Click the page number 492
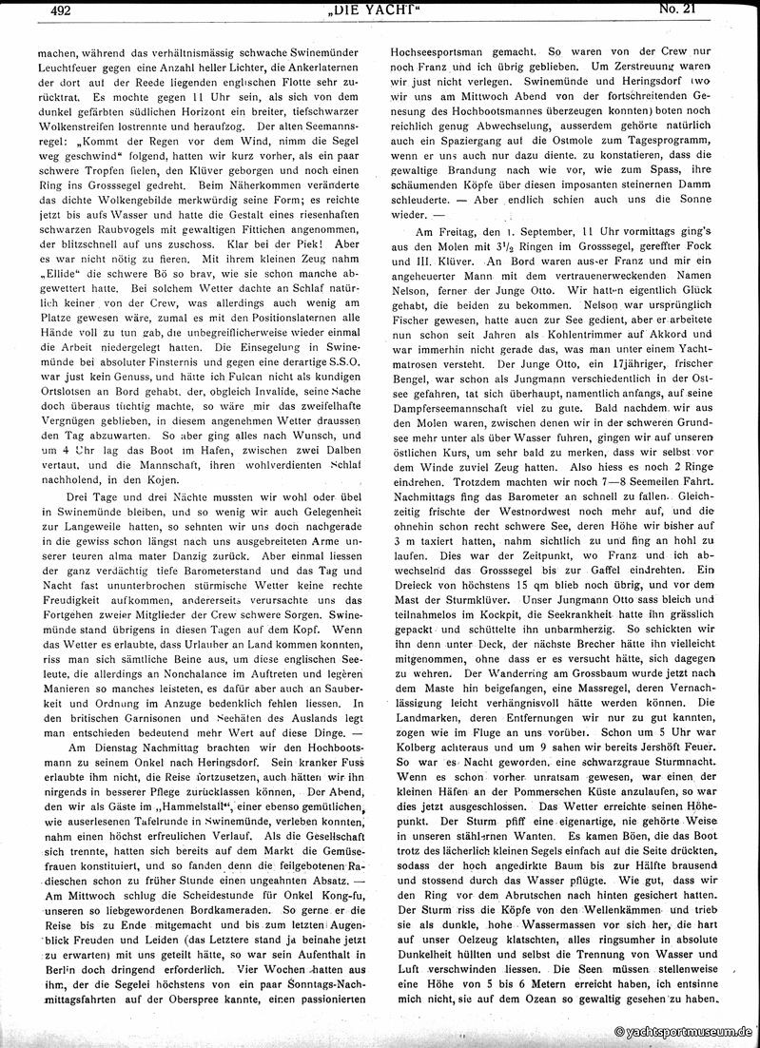[x=44, y=11]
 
